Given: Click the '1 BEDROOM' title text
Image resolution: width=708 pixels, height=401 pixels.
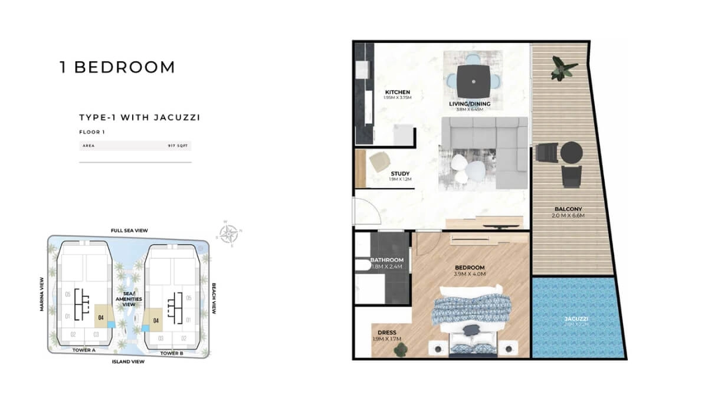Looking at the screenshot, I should pos(117,67).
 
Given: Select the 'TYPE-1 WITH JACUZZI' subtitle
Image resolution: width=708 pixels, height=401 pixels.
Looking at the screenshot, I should pos(140,117).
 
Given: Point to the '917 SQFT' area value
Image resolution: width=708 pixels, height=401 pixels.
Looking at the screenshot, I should pos(180,145).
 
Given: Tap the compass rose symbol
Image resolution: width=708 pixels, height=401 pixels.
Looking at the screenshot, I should pos(229,234).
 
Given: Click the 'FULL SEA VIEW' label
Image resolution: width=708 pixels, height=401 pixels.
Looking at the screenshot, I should pos(129,231).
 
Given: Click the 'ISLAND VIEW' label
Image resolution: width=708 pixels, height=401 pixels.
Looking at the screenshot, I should pos(128,361).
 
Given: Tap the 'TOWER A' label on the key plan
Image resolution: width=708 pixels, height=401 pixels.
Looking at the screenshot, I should pos(84,350).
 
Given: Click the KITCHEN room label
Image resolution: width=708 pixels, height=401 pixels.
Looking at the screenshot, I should pos(397,93).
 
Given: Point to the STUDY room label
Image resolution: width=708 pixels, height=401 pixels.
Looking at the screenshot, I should pos(399,174).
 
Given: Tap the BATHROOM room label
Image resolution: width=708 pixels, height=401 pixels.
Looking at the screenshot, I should pos(386,260).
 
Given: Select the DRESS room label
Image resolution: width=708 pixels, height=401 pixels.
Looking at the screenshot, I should pos(386,333).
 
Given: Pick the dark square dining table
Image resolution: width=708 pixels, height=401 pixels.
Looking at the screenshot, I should pos(474,81).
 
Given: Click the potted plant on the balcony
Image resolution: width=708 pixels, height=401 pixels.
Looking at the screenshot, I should pos(560,68).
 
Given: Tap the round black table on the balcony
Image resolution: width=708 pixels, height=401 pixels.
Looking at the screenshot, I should pos(571,153).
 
